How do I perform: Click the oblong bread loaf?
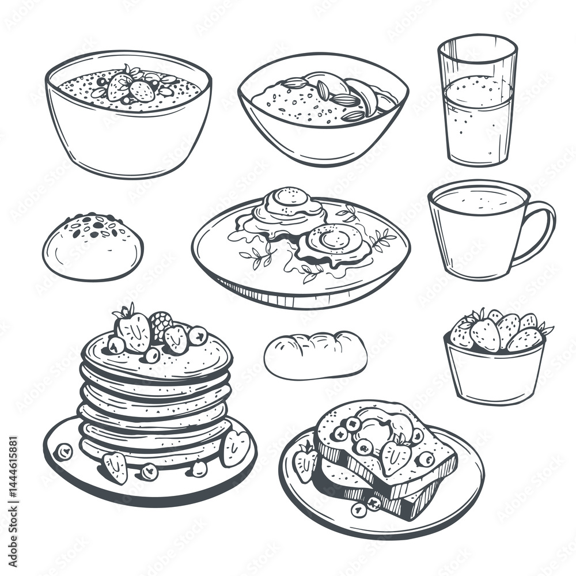(x=315, y=355)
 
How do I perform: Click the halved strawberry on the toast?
(x=396, y=455)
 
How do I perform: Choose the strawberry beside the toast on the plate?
(x=305, y=461)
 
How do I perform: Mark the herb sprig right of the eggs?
(x=380, y=237)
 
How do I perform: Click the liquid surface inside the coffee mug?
(x=478, y=199)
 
